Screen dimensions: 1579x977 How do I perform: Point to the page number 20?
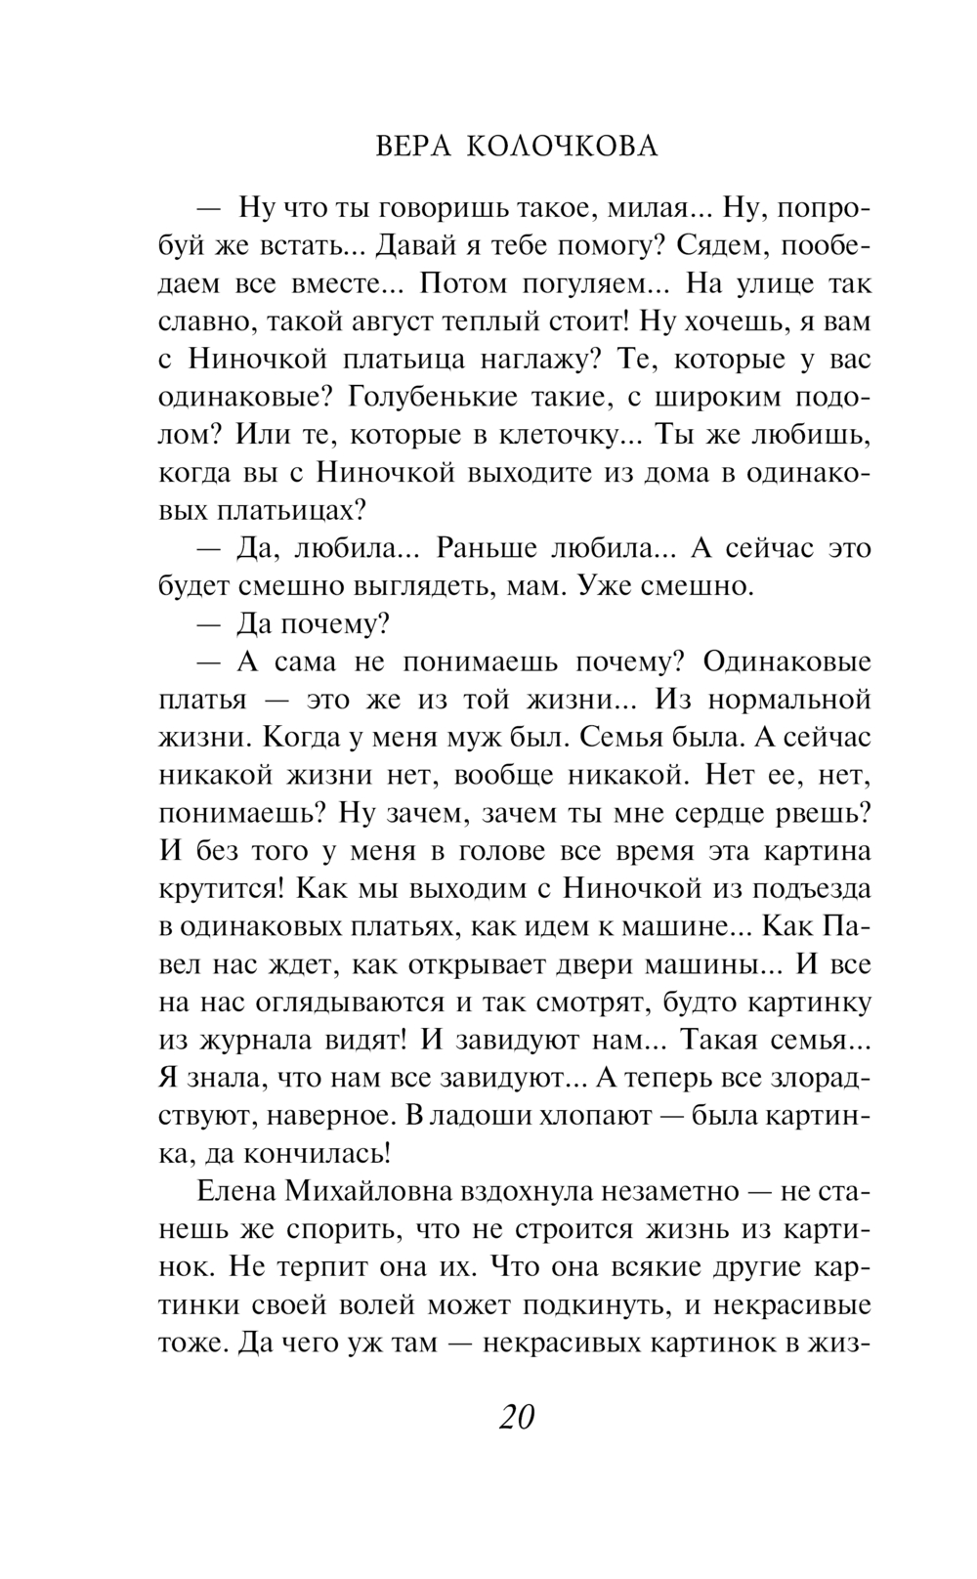click(x=516, y=1416)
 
